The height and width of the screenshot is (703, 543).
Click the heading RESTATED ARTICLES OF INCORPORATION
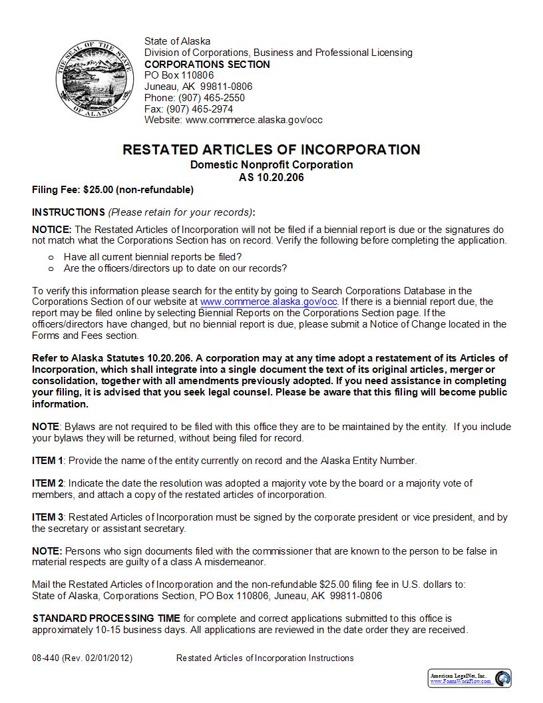click(271, 150)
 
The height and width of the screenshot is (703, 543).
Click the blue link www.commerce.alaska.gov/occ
click(269, 302)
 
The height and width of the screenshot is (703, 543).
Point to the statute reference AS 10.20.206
click(271, 178)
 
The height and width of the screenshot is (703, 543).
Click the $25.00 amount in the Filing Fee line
click(98, 190)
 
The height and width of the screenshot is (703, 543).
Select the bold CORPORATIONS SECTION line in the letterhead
click(207, 65)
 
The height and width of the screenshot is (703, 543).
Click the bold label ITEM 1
click(48, 461)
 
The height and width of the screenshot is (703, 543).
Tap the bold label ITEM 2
click(48, 483)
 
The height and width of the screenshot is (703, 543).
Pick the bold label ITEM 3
click(48, 517)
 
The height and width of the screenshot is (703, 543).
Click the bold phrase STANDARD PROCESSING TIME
click(106, 618)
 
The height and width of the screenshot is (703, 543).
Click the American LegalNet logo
click(470, 678)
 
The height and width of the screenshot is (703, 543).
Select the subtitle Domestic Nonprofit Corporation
click(271, 164)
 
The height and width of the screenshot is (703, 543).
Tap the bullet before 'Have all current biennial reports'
click(51, 257)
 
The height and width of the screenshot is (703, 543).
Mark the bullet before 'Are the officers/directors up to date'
click(51, 269)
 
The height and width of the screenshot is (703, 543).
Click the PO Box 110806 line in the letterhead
click(179, 75)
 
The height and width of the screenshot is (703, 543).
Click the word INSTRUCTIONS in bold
click(69, 212)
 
